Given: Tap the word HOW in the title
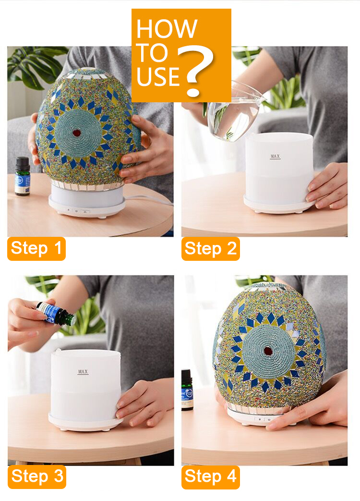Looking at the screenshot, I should coord(166,29).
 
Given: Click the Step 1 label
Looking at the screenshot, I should coord(36,249).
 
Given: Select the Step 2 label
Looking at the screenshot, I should coord(210,249).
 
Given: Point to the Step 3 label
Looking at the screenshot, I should coord(36,477).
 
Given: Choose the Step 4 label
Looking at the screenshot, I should coord(210,477).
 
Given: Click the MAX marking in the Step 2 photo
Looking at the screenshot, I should coord(275,157).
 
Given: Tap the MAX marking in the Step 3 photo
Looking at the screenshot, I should coord(83,372).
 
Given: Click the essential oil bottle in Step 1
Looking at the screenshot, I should coord(22,176).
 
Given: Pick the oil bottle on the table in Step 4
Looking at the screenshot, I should coord(187,390).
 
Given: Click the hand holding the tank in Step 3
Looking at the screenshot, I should coord(144,401).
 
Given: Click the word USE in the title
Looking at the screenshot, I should coord(158,75).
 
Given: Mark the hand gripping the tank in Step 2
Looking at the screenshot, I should coord(329,185).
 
